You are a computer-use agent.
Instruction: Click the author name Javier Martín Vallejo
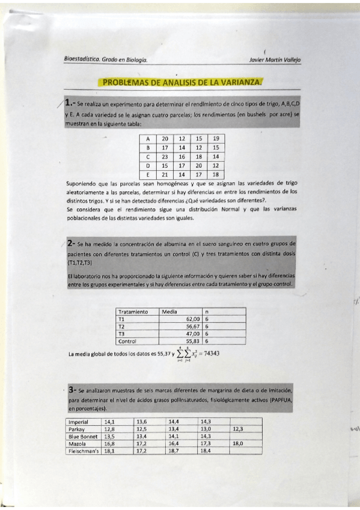[274, 60]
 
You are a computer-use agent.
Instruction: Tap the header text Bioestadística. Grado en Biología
[106, 60]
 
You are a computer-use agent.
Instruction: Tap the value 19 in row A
[215, 138]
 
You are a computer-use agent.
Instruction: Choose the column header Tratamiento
[133, 312]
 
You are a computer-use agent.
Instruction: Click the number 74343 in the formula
[207, 353]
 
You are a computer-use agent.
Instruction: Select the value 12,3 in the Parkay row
[237, 429]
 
